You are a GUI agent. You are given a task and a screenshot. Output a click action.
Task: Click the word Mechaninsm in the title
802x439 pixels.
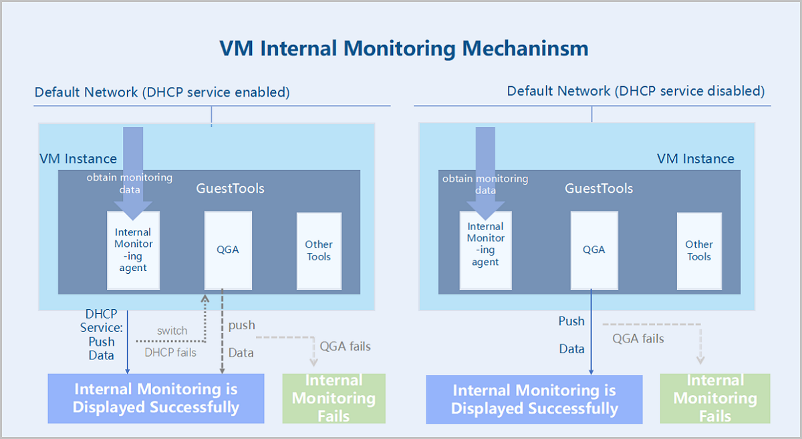pyautogui.click(x=525, y=48)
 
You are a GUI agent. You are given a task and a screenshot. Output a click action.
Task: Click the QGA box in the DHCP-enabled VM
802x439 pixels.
pyautogui.click(x=228, y=250)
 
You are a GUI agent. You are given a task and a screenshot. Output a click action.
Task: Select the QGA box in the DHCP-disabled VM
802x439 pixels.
pyautogui.click(x=594, y=250)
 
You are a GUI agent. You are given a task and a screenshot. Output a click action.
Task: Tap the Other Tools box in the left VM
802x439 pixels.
pyautogui.click(x=319, y=251)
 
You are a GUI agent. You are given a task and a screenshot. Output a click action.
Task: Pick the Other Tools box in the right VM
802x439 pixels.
pyautogui.click(x=699, y=251)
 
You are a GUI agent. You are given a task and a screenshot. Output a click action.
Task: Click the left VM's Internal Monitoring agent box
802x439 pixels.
pyautogui.click(x=134, y=250)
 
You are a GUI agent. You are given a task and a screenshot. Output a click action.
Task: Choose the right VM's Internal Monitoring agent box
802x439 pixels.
pyautogui.click(x=486, y=250)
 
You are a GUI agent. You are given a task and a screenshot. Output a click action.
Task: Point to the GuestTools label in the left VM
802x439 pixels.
pyautogui.click(x=230, y=189)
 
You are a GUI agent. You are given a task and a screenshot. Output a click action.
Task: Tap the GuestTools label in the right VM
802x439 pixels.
pyautogui.click(x=599, y=189)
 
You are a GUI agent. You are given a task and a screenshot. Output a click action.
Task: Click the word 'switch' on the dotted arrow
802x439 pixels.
pyautogui.click(x=172, y=331)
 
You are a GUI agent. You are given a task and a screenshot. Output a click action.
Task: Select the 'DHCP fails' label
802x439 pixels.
pyautogui.click(x=170, y=353)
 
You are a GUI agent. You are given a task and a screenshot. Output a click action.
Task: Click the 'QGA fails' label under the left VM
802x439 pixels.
pyautogui.click(x=345, y=346)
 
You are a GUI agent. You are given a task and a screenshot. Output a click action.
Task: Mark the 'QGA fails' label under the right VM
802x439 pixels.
pyautogui.click(x=638, y=339)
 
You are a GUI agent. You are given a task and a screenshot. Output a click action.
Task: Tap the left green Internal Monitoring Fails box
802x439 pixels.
pyautogui.click(x=334, y=398)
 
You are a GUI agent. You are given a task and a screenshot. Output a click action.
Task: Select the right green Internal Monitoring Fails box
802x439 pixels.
pyautogui.click(x=715, y=398)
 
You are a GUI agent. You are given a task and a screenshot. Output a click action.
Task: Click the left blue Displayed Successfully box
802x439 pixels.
pyautogui.click(x=156, y=398)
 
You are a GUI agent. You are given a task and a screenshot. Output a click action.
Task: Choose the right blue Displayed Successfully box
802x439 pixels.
pyautogui.click(x=534, y=400)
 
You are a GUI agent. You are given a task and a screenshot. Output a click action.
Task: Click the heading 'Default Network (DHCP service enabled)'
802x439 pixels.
pyautogui.click(x=162, y=92)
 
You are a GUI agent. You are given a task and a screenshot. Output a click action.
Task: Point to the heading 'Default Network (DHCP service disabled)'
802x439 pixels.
pyautogui.click(x=636, y=92)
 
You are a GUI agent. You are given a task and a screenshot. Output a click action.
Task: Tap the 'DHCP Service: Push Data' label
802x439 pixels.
pyautogui.click(x=102, y=335)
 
